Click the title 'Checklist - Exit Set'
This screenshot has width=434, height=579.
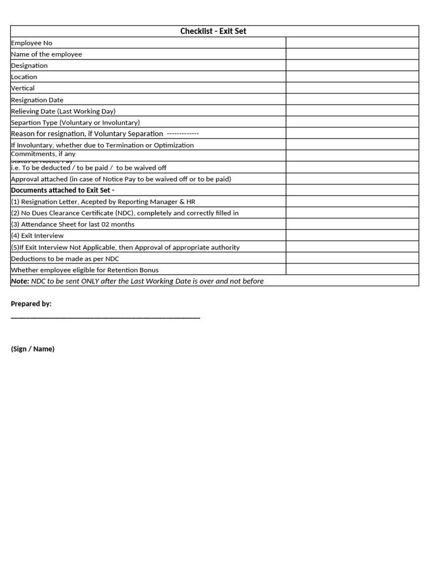click(x=213, y=31)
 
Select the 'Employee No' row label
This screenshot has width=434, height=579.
click(x=32, y=43)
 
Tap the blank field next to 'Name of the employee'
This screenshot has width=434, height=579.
click(x=352, y=54)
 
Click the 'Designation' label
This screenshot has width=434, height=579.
click(x=29, y=66)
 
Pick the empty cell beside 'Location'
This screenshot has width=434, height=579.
click(x=352, y=77)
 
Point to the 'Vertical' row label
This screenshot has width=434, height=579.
click(x=23, y=88)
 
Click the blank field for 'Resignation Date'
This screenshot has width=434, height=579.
click(x=352, y=100)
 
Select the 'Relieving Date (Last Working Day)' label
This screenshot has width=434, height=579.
click(x=63, y=111)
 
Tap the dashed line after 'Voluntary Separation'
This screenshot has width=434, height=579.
click(x=183, y=133)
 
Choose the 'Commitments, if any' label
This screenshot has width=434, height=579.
click(x=43, y=154)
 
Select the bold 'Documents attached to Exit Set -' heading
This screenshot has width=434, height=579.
click(x=62, y=190)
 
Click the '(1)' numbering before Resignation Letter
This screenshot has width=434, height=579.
click(x=15, y=202)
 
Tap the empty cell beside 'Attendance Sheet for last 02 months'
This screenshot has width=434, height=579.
click(x=352, y=224)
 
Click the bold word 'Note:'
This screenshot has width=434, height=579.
click(x=20, y=281)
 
